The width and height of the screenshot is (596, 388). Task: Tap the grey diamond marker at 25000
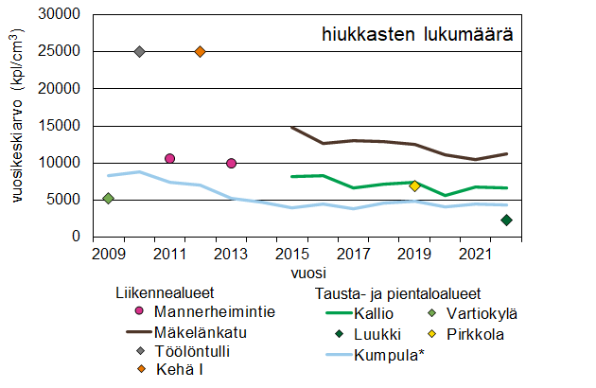tap(139, 51)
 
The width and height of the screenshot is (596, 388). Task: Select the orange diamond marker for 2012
tap(200, 51)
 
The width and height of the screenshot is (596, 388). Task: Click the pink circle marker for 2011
tap(169, 158)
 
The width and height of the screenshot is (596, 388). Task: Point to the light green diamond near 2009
tap(109, 198)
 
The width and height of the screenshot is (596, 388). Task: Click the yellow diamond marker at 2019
tap(414, 185)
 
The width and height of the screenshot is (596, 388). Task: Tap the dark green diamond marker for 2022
tap(506, 220)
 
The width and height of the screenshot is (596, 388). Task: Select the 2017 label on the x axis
tap(353, 254)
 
